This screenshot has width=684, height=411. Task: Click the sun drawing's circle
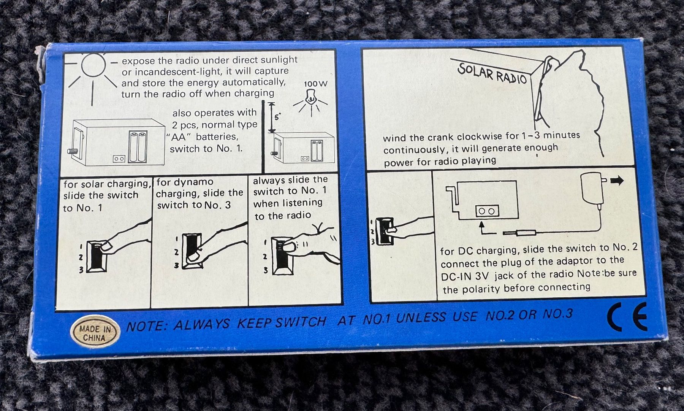click(x=93, y=65)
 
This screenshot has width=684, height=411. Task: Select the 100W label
click(x=315, y=84)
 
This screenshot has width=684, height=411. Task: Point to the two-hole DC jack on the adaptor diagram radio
click(x=487, y=211)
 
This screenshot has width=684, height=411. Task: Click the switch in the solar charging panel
click(x=97, y=257)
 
